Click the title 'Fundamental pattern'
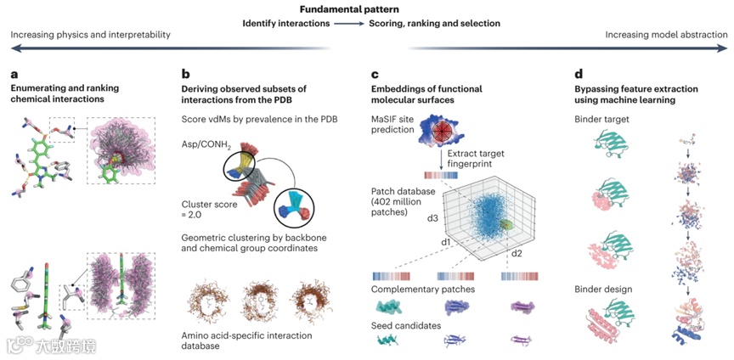coord(366,8)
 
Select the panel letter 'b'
coord(185,75)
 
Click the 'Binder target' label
coord(585,120)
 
